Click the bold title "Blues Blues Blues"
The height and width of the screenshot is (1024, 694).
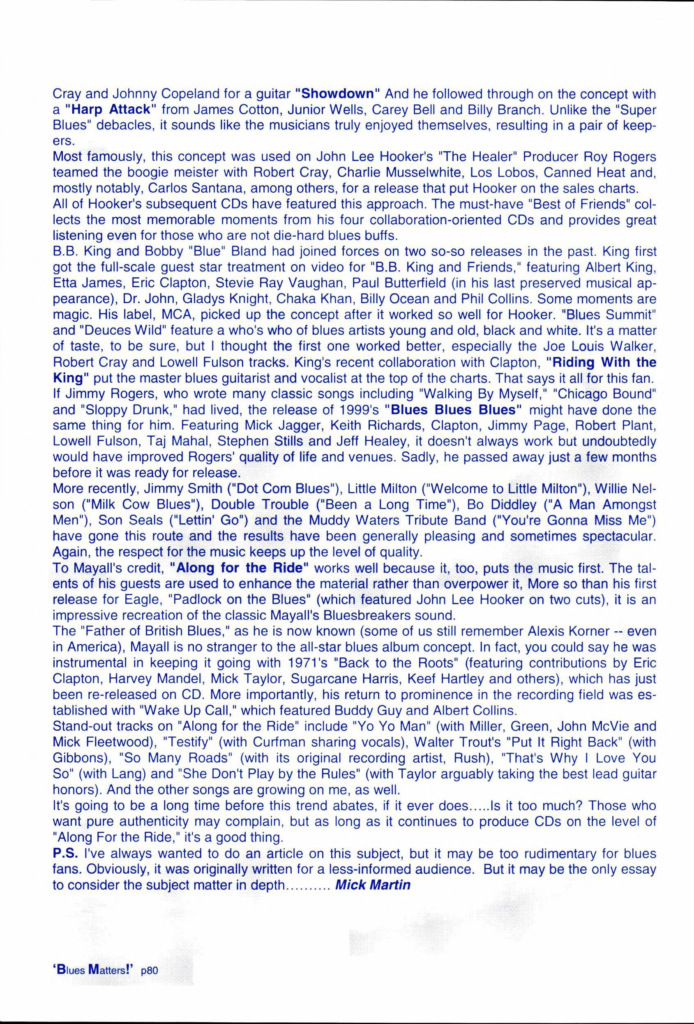tap(453, 410)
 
